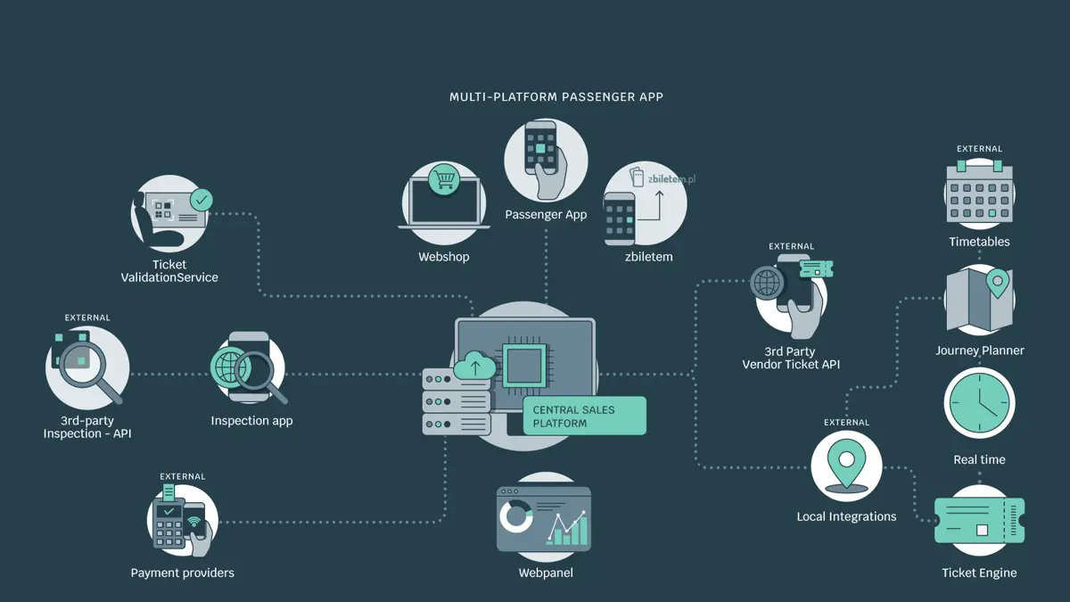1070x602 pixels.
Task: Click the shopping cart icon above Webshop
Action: coord(444,180)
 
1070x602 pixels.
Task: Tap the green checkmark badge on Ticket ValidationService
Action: coord(202,200)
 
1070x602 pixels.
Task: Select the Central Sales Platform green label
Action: coord(585,416)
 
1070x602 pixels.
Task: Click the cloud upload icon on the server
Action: coord(474,366)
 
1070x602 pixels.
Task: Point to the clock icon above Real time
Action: coord(979,403)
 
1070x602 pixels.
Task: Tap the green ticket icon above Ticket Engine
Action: coord(979,520)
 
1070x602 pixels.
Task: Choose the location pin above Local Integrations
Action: coord(846,466)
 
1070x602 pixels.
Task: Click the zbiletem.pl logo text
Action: coord(671,179)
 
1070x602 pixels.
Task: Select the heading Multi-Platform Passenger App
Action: coord(556,97)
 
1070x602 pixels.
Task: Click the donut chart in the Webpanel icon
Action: coord(516,516)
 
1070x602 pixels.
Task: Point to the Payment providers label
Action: coord(183,573)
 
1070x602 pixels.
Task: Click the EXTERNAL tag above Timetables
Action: coord(979,149)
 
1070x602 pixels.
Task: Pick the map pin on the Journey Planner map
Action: coord(998,283)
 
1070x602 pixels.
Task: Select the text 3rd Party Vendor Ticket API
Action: coord(791,358)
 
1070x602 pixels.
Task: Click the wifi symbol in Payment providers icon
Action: coord(194,521)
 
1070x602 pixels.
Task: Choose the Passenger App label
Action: coord(546,215)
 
